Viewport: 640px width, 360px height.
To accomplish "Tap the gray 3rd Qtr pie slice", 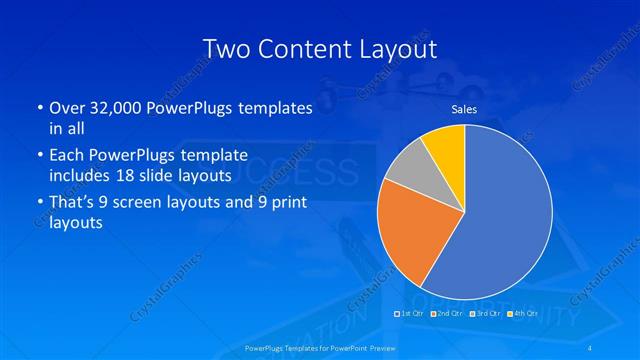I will [x=407, y=169].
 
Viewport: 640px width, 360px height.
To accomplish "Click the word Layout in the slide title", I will [x=394, y=48].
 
